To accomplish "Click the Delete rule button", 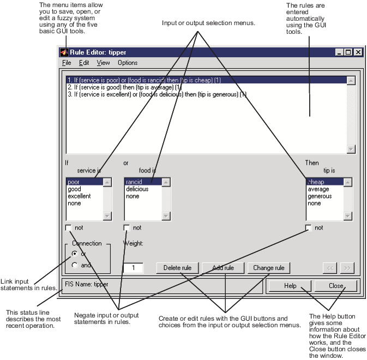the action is pos(177,268).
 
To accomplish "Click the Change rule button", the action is pos(269,268).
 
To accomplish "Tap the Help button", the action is pos(290,286).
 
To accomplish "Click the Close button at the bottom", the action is pos(335,286).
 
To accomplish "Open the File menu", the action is pos(67,63).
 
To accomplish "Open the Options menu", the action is pos(128,63).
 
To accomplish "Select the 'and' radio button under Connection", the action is pos(75,265).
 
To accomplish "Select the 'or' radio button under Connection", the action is pos(75,254).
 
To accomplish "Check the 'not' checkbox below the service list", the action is pos(68,228).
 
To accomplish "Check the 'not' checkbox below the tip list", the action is pos(309,228).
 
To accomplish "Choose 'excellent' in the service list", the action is pos(79,196).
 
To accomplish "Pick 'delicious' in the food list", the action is pos(137,189).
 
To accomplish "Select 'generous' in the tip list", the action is pos(320,196).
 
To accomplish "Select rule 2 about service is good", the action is pos(124,87).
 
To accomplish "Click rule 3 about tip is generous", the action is pos(157,94).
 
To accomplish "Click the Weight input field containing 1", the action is pos(133,268).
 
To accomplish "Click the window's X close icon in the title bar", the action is pos(358,52).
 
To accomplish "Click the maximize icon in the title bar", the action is pos(348,52).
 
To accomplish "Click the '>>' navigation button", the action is pos(347,268).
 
